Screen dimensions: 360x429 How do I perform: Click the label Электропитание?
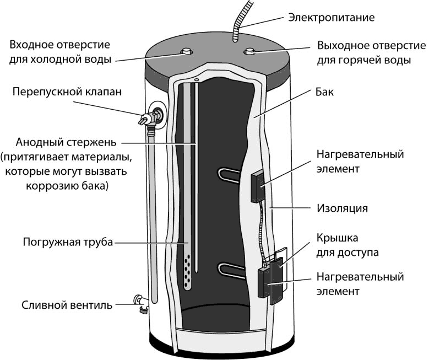pos(331,17)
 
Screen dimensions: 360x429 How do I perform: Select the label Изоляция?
pos(342,208)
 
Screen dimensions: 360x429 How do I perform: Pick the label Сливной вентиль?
pos(68,305)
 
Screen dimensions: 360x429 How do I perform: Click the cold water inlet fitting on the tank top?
pos(185,52)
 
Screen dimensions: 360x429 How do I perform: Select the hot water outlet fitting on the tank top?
pos(249,53)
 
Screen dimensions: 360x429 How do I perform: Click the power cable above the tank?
pos(238,25)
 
